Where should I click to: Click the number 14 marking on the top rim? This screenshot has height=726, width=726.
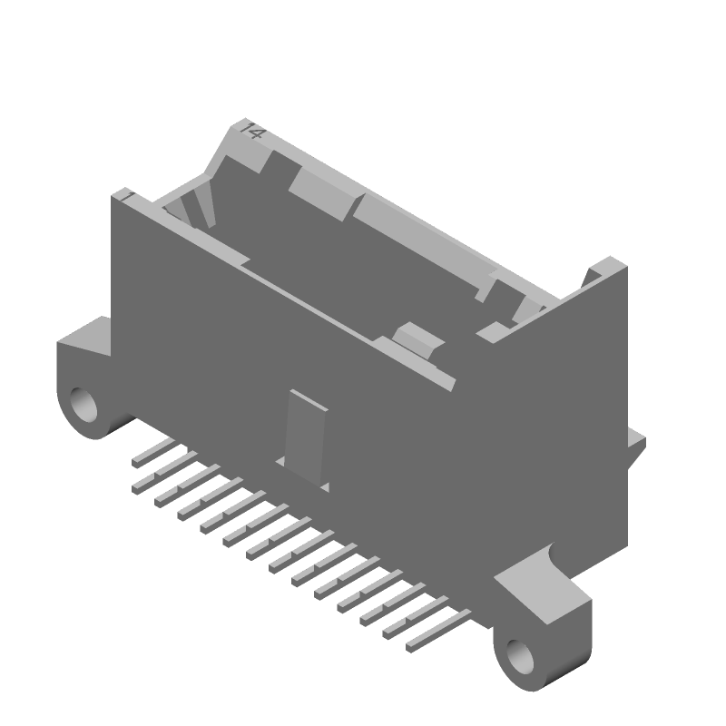250,131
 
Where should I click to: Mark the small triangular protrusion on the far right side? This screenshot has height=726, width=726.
637,444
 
